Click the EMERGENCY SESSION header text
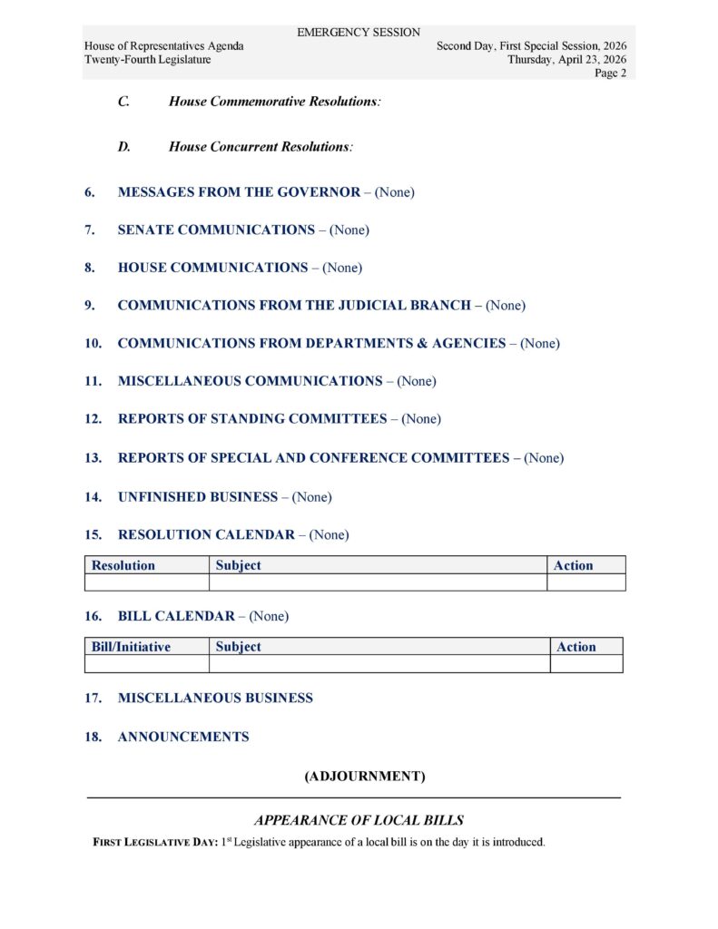coord(359,33)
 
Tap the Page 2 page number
coord(610,73)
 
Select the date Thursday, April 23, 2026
coord(566,60)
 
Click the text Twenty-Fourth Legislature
coord(147,60)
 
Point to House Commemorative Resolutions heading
coord(274,102)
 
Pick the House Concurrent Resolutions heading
coord(260,146)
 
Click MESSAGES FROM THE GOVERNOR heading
coord(239,192)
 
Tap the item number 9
coord(90,306)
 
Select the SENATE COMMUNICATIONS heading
coord(216,230)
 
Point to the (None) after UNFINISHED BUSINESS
coord(312,497)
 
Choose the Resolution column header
coord(123,565)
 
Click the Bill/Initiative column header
coord(131,647)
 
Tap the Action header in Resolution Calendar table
coord(573,565)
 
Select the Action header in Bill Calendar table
coord(576,647)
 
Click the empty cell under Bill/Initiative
coord(146,664)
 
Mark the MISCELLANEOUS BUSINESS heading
coord(215,699)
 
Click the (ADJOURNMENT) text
coord(365,777)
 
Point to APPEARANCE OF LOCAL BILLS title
coord(359,820)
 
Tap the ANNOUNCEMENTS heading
coord(182,738)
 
